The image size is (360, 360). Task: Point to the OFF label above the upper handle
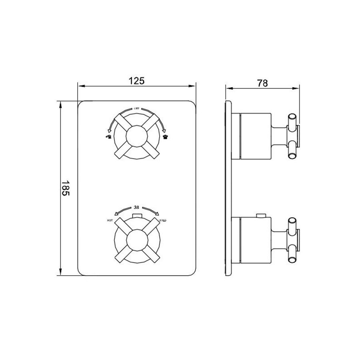pyautogui.click(x=136, y=109)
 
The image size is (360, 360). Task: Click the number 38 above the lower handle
pyautogui.click(x=136, y=207)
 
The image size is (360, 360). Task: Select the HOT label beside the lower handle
pyautogui.click(x=110, y=220)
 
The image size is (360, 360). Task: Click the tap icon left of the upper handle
pyautogui.click(x=107, y=137)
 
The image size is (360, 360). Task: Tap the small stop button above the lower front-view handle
pyautogui.click(x=136, y=217)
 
